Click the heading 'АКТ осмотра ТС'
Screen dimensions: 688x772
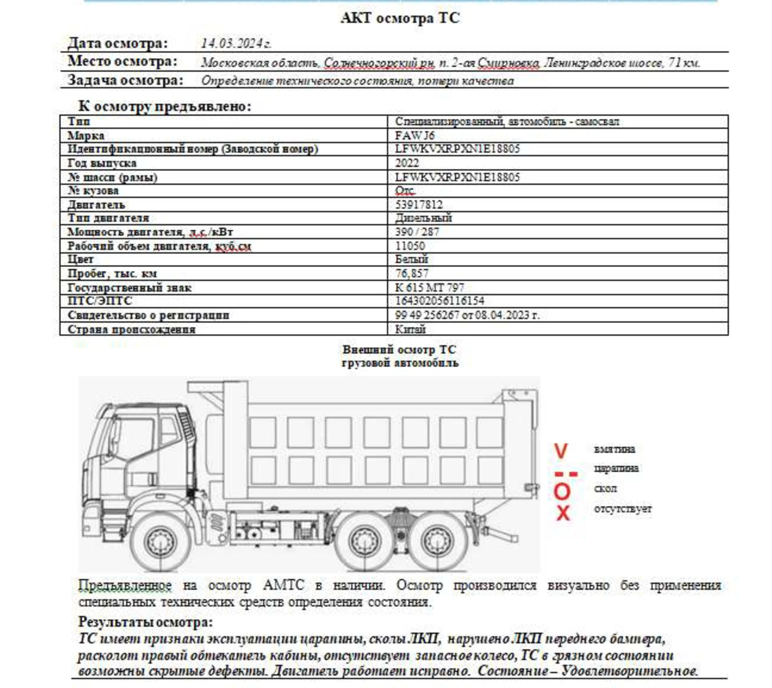(400, 18)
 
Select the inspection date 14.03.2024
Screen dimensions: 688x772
(236, 43)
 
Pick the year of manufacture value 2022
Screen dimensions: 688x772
(407, 163)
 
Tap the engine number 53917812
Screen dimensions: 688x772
(419, 205)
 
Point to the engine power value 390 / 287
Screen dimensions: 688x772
(417, 232)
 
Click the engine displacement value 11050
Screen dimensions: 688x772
(410, 246)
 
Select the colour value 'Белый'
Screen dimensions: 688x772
(411, 259)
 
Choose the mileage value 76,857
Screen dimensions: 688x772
(412, 273)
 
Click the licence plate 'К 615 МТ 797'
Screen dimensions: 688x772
(429, 287)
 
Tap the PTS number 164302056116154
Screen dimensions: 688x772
(439, 301)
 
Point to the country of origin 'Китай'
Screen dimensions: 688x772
(410, 329)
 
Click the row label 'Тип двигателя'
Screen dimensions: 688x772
(108, 218)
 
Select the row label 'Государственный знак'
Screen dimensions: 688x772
(130, 287)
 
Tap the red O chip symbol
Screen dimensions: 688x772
(562, 492)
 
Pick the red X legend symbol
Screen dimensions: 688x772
(563, 513)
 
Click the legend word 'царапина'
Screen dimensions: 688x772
(616, 468)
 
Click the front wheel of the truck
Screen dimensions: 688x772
(160, 542)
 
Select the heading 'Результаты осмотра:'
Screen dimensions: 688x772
(145, 622)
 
